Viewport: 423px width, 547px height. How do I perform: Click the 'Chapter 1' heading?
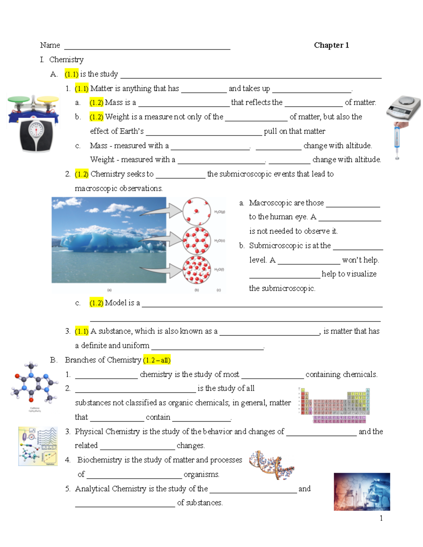pos(331,45)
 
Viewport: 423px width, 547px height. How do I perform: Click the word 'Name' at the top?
pos(50,45)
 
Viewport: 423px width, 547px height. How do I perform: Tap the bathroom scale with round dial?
pos(36,135)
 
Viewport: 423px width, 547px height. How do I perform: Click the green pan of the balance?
pos(19,100)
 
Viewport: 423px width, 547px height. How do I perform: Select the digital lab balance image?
pos(403,108)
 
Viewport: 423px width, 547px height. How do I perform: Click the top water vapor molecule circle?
pos(196,211)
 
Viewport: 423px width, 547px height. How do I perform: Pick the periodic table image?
pos(334,405)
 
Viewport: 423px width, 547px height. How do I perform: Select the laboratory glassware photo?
pos(362,491)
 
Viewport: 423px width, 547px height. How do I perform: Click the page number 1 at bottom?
pos(381,518)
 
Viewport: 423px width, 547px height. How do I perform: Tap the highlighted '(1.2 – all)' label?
pos(157,360)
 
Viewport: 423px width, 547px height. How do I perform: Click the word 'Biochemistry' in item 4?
pos(99,460)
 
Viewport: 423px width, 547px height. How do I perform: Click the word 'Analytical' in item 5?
pos(93,489)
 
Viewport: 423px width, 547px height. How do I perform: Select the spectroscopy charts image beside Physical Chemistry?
pos(38,446)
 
